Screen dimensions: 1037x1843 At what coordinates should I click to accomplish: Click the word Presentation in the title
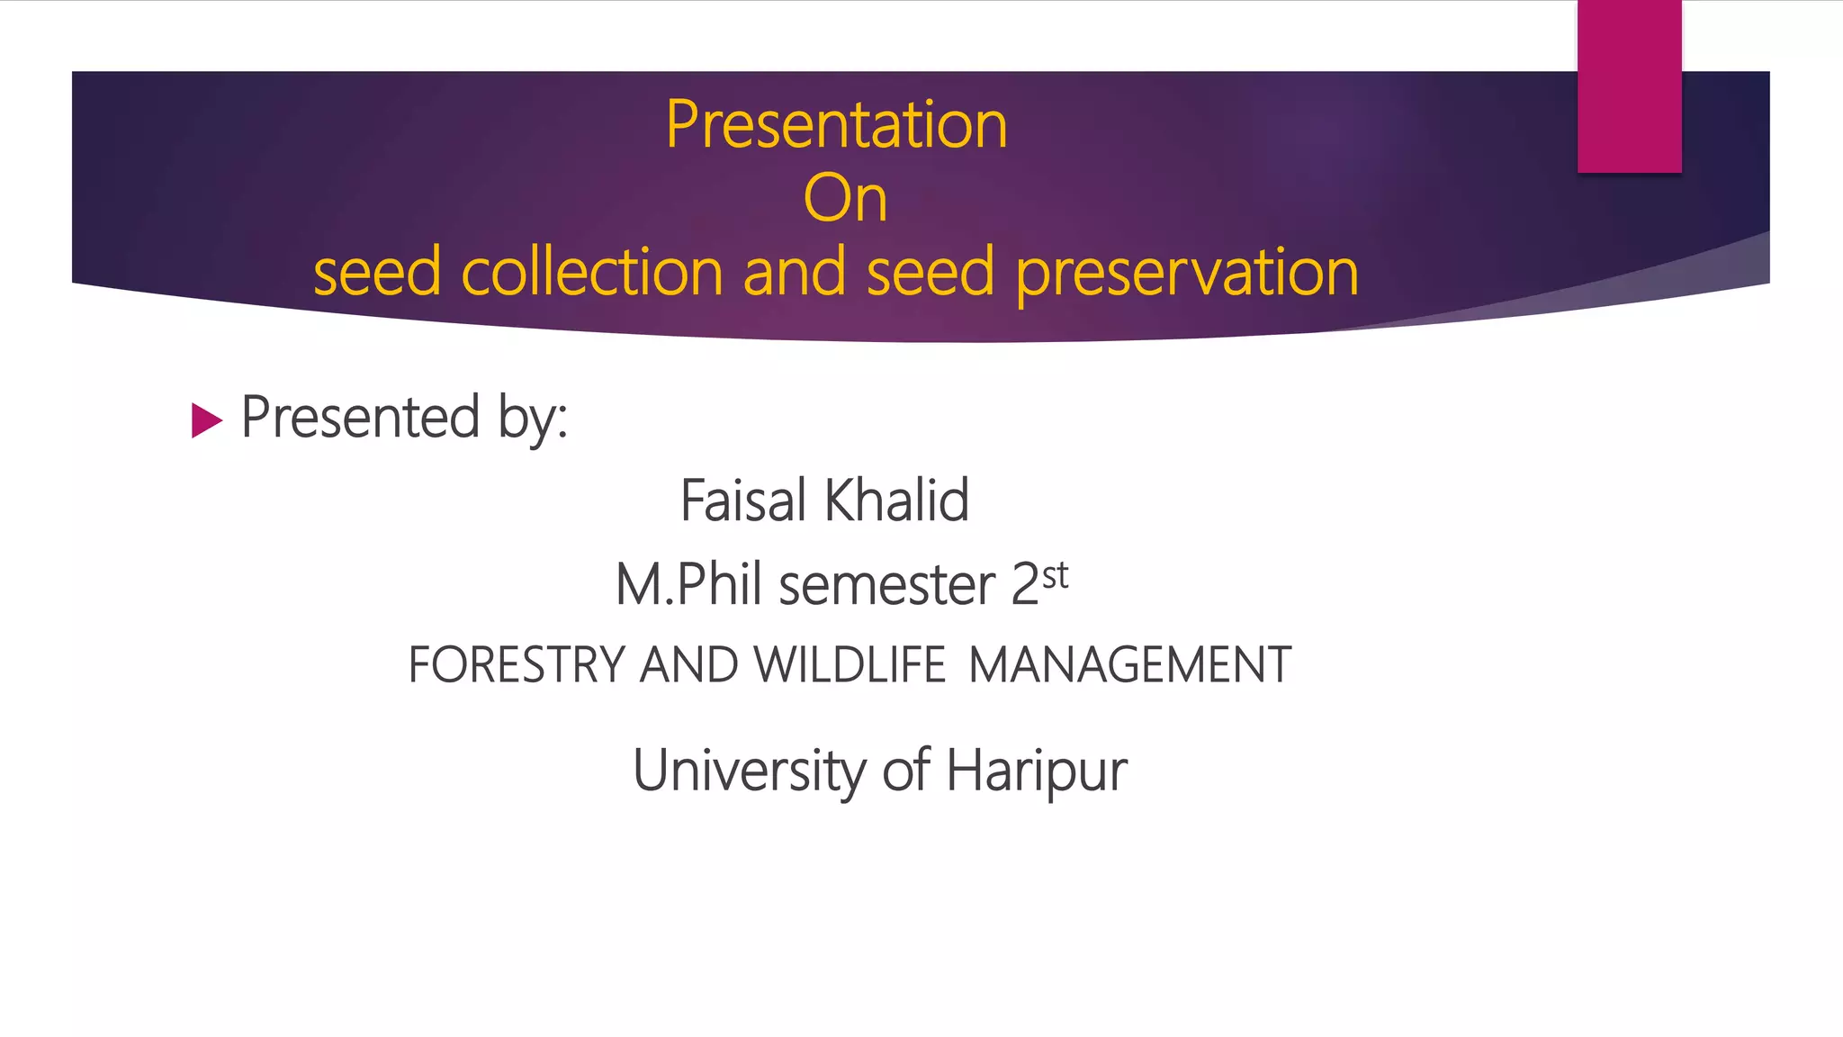pos(836,125)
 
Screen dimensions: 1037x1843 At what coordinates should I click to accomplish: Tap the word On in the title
pos(845,199)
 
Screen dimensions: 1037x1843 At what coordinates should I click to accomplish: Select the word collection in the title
pos(591,272)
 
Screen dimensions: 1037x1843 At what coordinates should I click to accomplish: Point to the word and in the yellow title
pos(794,272)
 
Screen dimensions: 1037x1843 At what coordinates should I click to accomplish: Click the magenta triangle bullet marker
pos(206,420)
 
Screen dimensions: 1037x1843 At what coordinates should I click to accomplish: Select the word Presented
pos(360,418)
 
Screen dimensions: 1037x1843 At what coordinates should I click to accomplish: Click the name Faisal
pos(742,500)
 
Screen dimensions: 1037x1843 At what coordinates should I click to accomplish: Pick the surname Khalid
pos(896,500)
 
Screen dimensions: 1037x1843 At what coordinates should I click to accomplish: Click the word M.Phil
pos(688,584)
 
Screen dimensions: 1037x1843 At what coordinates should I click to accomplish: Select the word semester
pos(886,586)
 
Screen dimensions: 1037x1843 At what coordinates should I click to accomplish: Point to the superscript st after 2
pos(1056,575)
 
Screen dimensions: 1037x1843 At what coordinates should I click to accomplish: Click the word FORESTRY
pos(517,665)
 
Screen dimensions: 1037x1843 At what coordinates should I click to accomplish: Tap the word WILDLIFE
pos(850,665)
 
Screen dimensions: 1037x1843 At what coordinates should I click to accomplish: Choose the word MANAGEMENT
pos(1129,665)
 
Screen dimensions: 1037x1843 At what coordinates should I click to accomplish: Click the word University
pos(749,771)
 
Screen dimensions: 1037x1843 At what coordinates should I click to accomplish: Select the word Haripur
pos(1036,772)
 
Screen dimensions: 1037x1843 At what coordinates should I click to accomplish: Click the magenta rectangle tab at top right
pos(1629,86)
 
